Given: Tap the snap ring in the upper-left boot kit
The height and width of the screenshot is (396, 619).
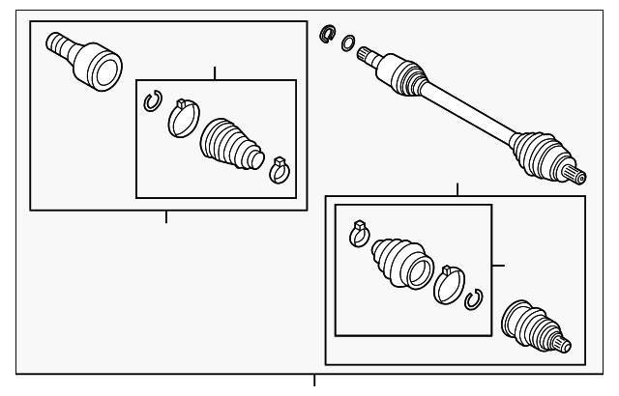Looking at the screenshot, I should tap(151, 99).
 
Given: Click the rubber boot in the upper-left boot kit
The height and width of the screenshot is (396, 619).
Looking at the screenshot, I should tap(230, 148).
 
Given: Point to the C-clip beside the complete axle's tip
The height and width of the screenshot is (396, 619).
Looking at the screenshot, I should tap(328, 35).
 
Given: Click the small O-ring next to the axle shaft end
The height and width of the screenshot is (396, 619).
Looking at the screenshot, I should tap(347, 43).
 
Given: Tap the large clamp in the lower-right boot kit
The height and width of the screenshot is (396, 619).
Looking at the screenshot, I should tap(448, 283).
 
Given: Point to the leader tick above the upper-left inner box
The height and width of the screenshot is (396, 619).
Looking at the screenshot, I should tap(214, 72).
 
